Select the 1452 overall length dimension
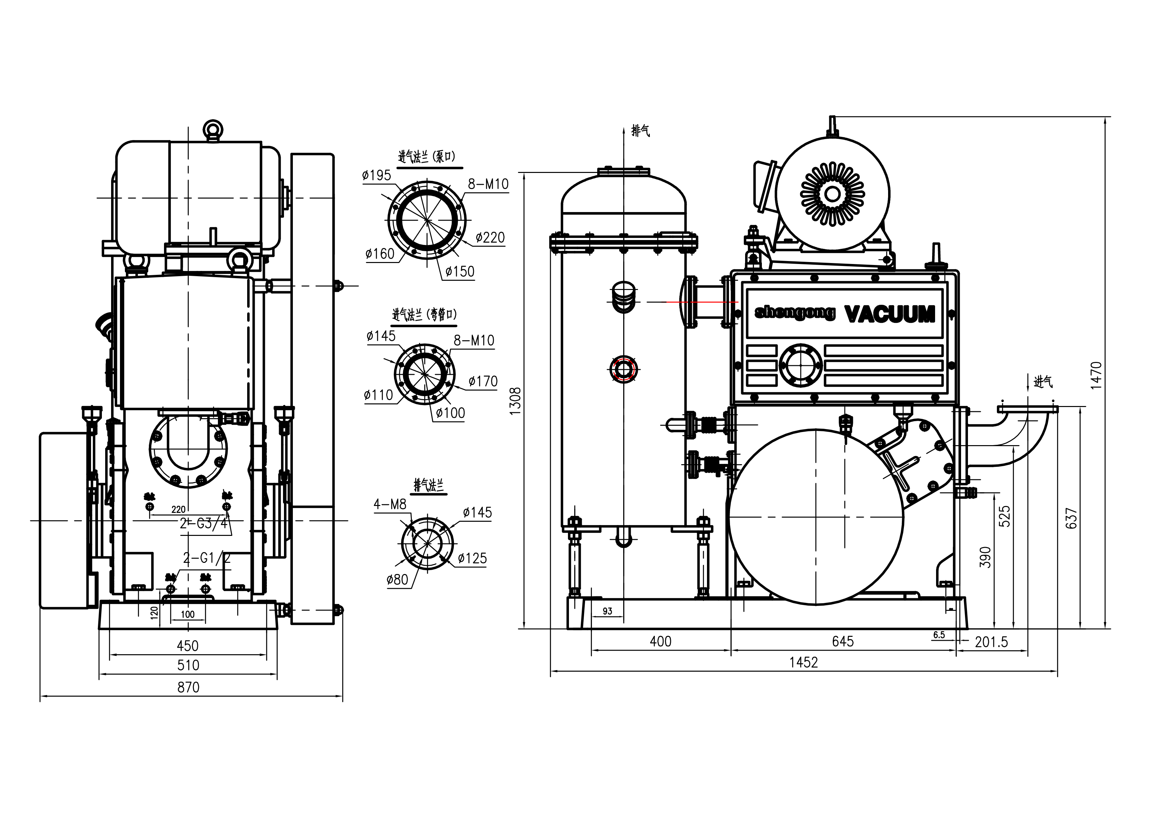tap(804, 662)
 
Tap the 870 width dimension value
tap(188, 687)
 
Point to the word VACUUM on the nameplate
tap(890, 314)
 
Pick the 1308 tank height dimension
tap(516, 401)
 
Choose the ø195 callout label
tap(377, 175)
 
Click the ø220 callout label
tap(490, 237)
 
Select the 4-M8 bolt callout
tap(390, 504)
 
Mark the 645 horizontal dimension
tap(843, 641)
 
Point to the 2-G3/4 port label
tap(203, 524)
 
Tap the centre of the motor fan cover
tap(832, 194)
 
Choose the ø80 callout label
tap(397, 580)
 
